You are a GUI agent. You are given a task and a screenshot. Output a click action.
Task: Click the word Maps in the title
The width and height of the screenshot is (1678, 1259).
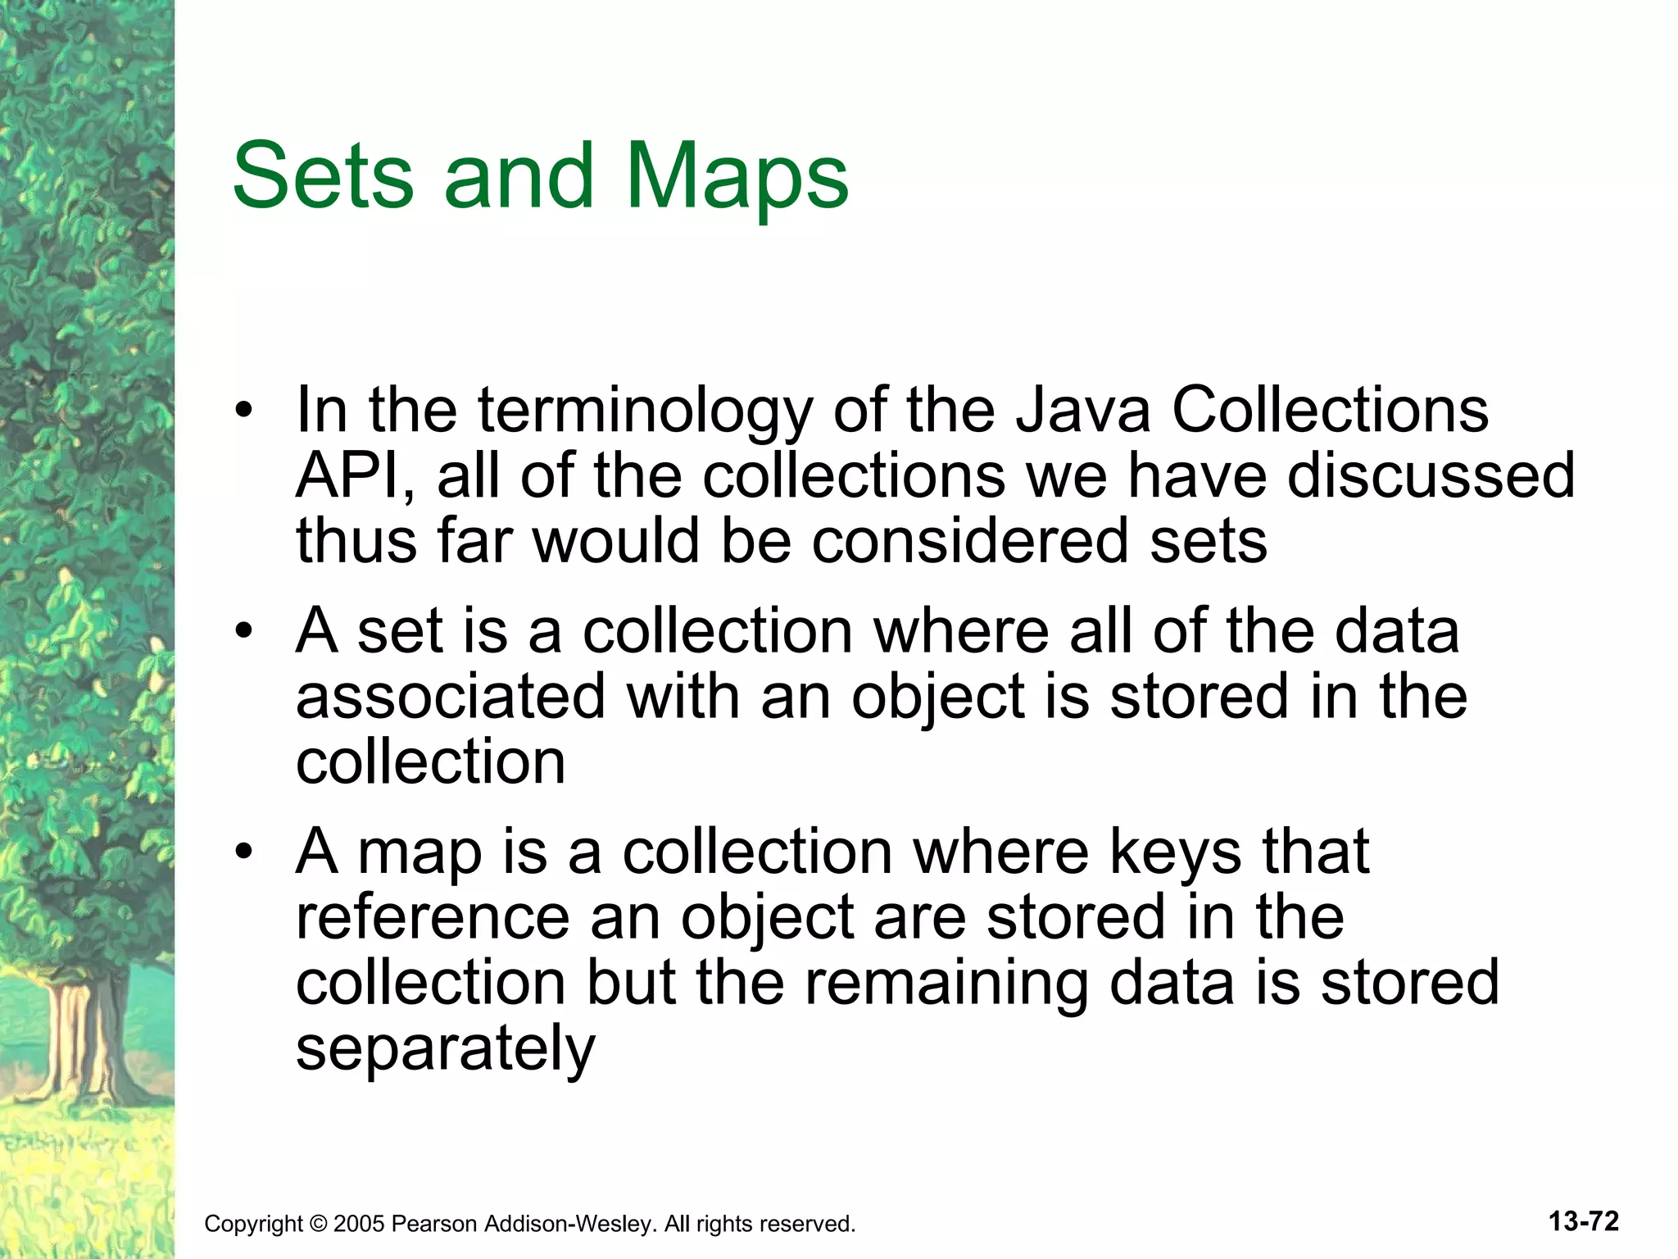[x=737, y=177]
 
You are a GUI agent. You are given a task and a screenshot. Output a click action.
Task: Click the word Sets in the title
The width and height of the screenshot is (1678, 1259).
[x=324, y=175]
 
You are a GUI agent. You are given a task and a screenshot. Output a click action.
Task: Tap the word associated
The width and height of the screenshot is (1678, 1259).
[x=450, y=697]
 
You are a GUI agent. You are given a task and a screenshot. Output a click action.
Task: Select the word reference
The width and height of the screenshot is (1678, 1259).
[x=433, y=917]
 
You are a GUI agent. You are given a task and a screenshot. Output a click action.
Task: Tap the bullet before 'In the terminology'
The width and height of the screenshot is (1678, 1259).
[x=243, y=411]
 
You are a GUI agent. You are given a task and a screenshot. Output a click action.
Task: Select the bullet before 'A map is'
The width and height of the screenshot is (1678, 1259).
[x=243, y=852]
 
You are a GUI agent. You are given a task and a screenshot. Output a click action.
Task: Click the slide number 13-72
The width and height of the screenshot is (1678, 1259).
[x=1583, y=1221]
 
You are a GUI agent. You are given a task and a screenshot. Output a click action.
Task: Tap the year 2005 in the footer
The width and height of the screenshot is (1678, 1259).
[x=359, y=1225]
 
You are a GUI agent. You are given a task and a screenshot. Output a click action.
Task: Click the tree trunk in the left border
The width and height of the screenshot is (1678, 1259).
[x=78, y=1041]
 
